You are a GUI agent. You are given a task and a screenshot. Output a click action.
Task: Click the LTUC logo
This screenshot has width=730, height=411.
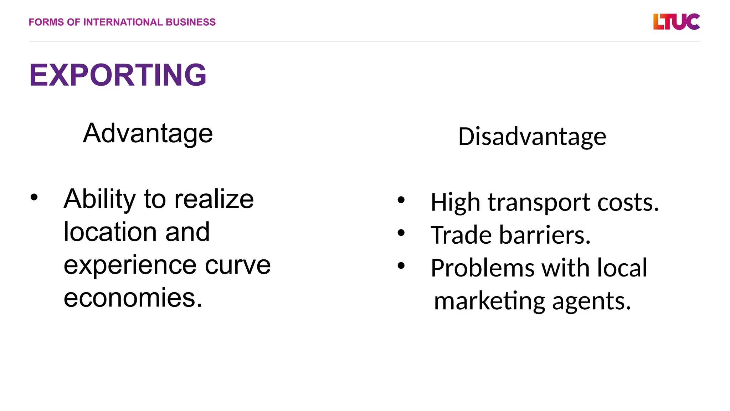tap(676, 22)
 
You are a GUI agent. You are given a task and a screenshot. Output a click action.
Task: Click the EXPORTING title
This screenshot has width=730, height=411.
tap(118, 75)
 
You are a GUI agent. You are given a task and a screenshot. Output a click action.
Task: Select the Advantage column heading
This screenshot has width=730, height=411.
tap(148, 133)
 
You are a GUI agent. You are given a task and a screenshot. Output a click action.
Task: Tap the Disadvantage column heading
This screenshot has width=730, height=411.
tap(532, 137)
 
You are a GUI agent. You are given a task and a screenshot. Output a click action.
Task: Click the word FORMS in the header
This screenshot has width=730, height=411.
tap(46, 22)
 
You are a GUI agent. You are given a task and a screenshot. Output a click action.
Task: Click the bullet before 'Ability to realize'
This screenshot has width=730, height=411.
tap(34, 197)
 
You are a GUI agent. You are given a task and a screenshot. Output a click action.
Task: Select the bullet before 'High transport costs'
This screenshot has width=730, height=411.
tap(401, 200)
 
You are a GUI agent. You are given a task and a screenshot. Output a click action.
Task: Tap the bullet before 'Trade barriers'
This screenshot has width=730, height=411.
tap(401, 233)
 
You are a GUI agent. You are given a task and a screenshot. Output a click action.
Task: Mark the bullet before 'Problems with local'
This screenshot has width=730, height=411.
tap(401, 266)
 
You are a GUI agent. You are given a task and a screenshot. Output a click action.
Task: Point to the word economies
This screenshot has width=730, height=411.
tap(133, 298)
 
